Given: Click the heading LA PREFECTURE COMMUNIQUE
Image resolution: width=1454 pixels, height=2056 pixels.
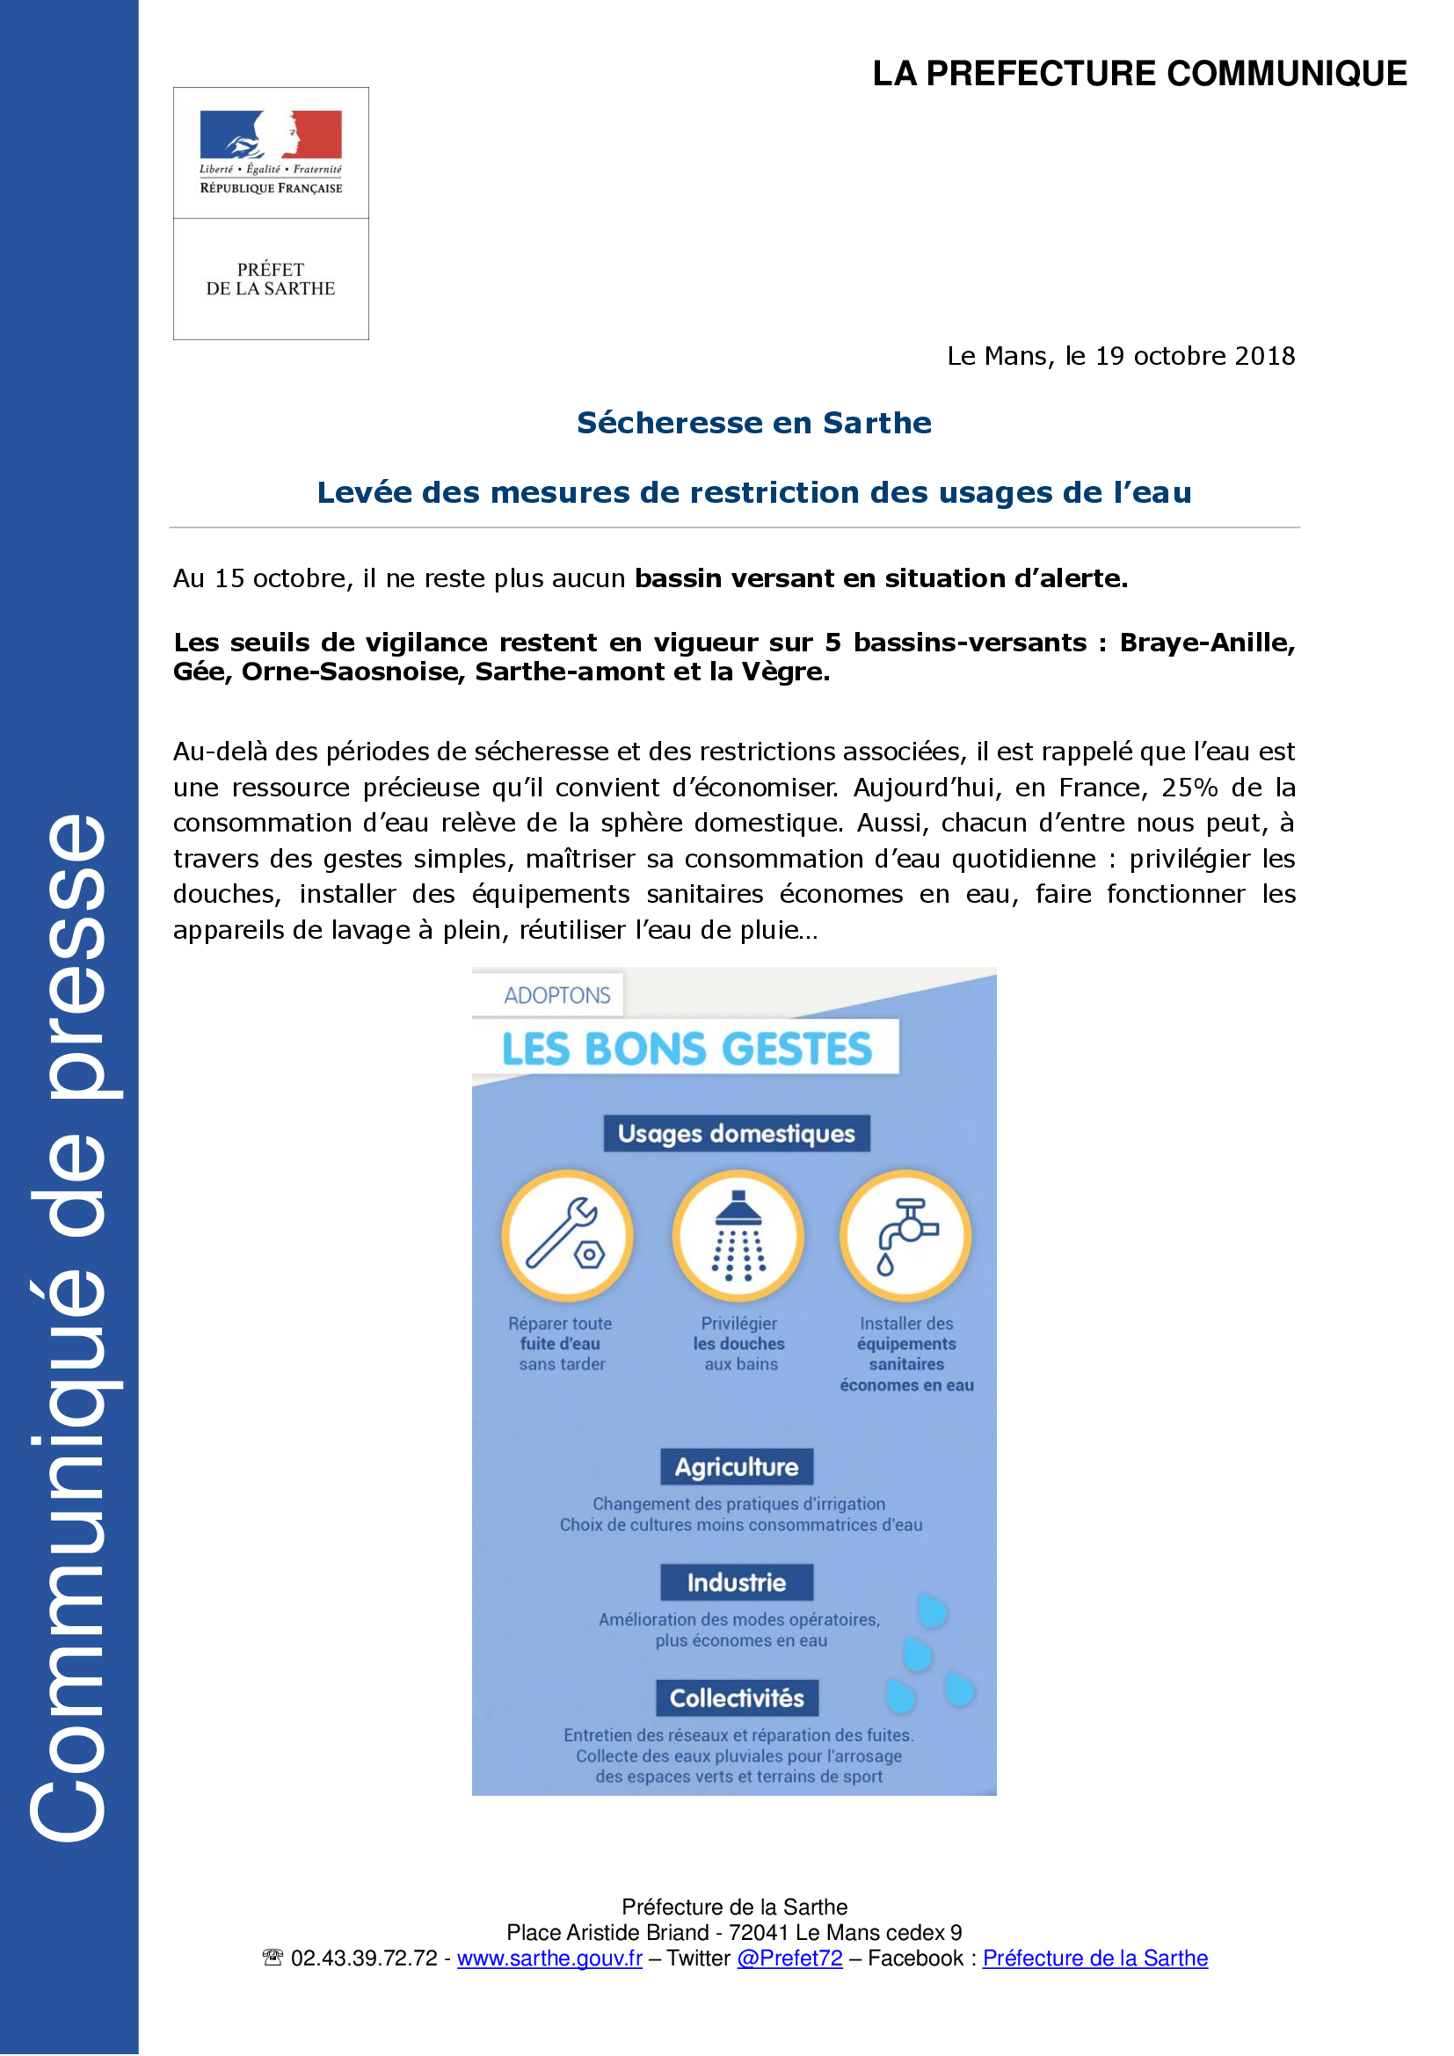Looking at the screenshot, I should tap(1138, 74).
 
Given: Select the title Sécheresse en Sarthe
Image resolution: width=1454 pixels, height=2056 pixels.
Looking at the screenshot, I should tap(754, 423).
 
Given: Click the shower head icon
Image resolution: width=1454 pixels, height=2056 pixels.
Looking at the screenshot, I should tap(738, 1235).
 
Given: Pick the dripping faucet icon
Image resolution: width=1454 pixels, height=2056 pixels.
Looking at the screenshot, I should tap(905, 1235).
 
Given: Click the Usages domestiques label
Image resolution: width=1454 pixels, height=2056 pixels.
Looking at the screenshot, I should tap(736, 1134).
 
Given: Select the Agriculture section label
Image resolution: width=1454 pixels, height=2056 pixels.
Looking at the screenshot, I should tap(736, 1467).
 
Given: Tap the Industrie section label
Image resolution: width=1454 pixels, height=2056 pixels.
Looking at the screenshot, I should tap(736, 1582).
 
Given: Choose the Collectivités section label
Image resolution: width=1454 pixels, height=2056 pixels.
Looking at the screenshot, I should tap(736, 1698).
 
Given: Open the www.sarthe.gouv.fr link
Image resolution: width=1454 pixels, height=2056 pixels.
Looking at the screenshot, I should tap(549, 1958).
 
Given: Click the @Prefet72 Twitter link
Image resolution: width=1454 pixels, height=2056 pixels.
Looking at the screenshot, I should tap(789, 1958).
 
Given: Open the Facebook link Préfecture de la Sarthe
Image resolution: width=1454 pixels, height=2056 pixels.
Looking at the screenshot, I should tap(1095, 1958).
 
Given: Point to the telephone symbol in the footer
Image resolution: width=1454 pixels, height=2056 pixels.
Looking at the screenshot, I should tap(273, 1958).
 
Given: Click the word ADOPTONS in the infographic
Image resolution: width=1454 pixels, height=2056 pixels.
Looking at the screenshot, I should tap(556, 996).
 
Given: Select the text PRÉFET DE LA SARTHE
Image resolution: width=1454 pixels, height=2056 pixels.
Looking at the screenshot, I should tap(271, 280).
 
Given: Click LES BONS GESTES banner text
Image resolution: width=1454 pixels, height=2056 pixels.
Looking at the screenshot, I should tap(687, 1049).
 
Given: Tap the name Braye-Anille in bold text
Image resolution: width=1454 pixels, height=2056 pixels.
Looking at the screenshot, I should tap(1206, 643).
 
